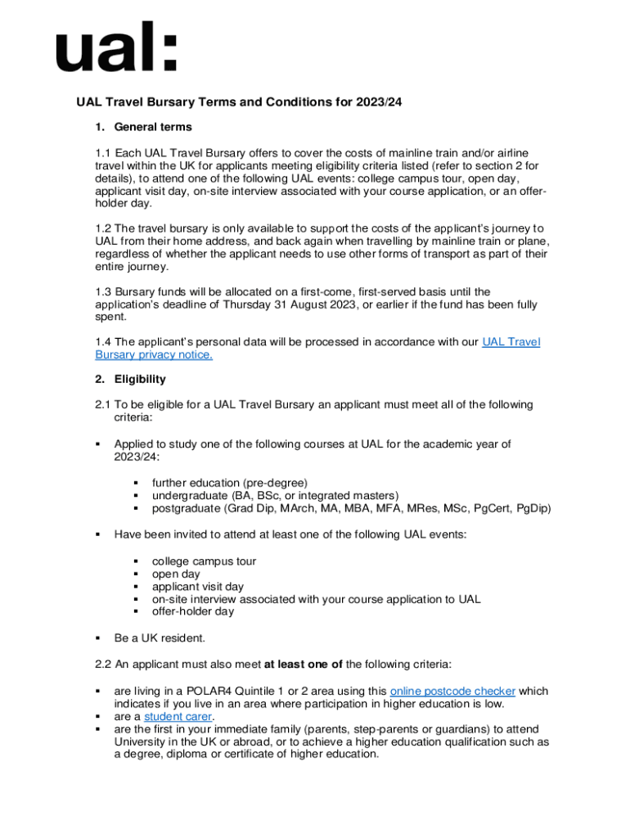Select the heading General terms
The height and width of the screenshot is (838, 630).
(x=153, y=127)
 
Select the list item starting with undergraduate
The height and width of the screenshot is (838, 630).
(x=275, y=495)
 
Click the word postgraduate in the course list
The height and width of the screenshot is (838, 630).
(x=185, y=508)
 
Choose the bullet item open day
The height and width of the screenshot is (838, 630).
(x=176, y=574)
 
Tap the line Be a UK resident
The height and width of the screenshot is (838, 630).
(x=160, y=638)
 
